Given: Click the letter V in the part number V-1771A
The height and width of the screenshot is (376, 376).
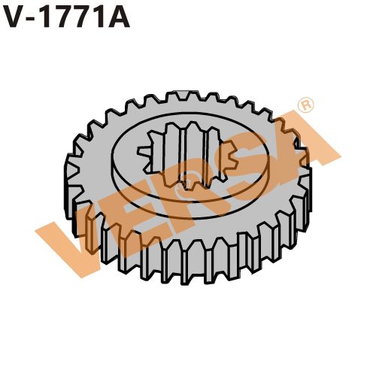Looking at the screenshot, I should [14, 18].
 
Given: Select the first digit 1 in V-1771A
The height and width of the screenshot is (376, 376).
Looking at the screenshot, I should [48, 18].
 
